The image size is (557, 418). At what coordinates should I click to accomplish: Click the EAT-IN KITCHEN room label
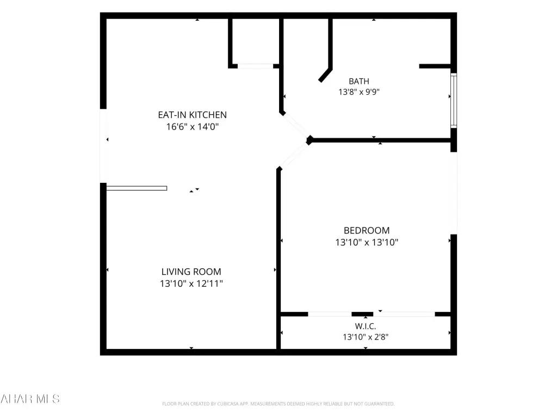(192, 115)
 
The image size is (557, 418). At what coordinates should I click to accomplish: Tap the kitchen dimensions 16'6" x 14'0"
(192, 126)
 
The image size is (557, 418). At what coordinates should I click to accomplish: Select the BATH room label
(359, 82)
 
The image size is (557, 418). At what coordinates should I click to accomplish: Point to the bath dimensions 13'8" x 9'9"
(359, 91)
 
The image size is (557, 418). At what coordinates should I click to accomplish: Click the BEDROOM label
(367, 230)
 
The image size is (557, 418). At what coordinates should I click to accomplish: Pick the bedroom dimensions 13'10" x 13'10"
(367, 242)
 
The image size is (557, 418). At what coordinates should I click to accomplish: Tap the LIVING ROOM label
(191, 272)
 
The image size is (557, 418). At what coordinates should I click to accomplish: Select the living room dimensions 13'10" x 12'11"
(191, 283)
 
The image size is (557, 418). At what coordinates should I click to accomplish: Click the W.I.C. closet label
(365, 327)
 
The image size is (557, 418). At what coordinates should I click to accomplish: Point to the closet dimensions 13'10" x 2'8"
(365, 336)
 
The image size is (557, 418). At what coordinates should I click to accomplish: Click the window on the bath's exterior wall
(454, 100)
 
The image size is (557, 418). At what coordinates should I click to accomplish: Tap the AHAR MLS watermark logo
(30, 398)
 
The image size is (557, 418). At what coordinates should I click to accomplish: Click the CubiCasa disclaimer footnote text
(278, 404)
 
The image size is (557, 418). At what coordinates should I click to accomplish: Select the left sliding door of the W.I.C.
(330, 314)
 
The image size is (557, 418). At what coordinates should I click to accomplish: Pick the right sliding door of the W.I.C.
(404, 314)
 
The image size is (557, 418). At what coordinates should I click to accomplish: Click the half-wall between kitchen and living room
(137, 188)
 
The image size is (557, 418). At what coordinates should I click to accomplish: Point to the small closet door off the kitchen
(255, 66)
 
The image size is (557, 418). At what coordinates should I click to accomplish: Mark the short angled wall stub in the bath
(325, 75)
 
